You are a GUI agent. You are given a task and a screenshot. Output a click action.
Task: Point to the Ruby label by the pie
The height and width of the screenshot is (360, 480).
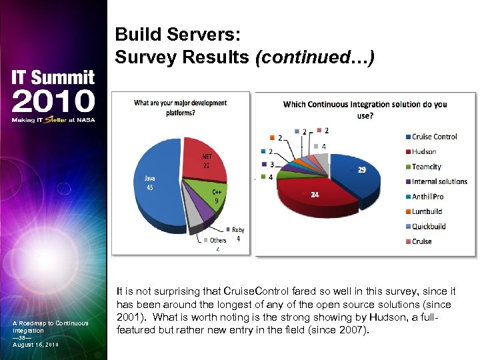click(x=237, y=230)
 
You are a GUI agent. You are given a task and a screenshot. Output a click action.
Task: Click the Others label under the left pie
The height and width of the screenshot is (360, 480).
click(x=218, y=240)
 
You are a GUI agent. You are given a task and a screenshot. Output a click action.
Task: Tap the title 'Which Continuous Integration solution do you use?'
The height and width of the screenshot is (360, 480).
click(x=365, y=109)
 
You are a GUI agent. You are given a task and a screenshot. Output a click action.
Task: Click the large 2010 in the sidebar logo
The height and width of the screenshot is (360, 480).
click(x=53, y=101)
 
